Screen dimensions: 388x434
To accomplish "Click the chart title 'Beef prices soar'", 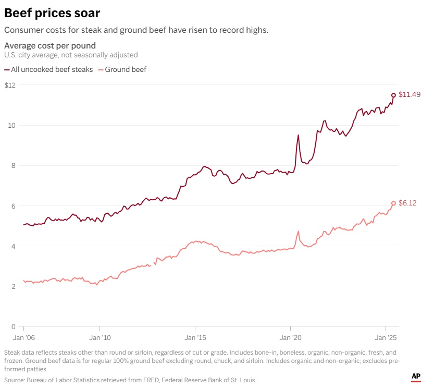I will pyautogui.click(x=52, y=13).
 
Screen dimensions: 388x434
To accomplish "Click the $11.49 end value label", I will pyautogui.click(x=410, y=95).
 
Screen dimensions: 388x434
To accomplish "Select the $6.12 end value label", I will pyautogui.click(x=407, y=203).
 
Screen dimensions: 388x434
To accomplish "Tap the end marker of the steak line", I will pyautogui.click(x=393, y=95).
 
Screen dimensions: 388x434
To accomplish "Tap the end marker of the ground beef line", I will pyautogui.click(x=393, y=203).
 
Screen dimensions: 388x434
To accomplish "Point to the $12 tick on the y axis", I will pyautogui.click(x=10, y=85).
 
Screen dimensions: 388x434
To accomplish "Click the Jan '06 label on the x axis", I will pyautogui.click(x=24, y=338).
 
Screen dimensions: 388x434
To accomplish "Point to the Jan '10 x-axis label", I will pyautogui.click(x=100, y=338).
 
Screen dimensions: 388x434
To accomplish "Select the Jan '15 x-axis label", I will pyautogui.click(x=195, y=338).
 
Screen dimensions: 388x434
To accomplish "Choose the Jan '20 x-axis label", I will pyautogui.click(x=291, y=338).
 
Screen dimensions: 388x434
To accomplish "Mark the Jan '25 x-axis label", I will pyautogui.click(x=386, y=338).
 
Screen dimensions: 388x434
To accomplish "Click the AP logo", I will pyautogui.click(x=416, y=377).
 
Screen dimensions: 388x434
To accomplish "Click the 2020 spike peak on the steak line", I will pyautogui.click(x=298, y=136).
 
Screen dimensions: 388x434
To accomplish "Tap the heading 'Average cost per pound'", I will pyautogui.click(x=50, y=45).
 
